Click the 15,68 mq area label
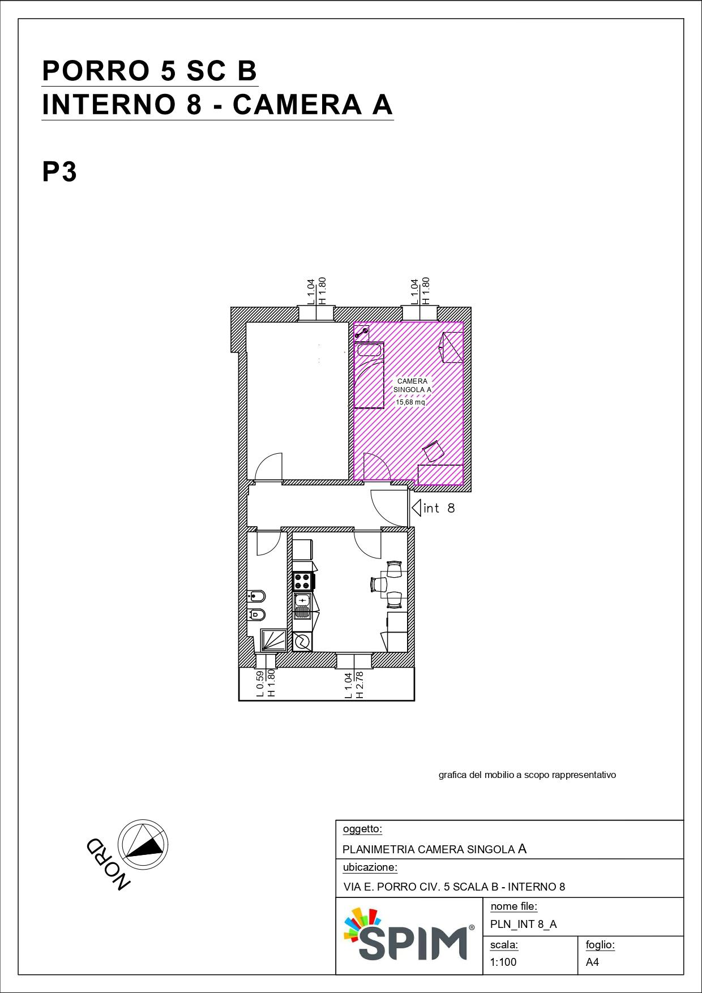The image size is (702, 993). [410, 402]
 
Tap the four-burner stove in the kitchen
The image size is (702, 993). [303, 582]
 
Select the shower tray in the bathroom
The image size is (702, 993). [273, 640]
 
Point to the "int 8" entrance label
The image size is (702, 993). [439, 508]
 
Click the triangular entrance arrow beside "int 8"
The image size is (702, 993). [416, 508]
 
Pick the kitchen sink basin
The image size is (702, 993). [303, 604]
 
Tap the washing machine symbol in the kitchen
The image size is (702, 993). [302, 642]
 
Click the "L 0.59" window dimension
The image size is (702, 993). [260, 684]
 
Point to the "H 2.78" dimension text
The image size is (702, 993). [359, 685]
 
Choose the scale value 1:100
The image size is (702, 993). [503, 962]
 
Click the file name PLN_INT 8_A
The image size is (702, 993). [524, 924]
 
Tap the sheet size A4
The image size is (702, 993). [592, 962]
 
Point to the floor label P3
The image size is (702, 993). [59, 171]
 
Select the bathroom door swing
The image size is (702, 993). [269, 542]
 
